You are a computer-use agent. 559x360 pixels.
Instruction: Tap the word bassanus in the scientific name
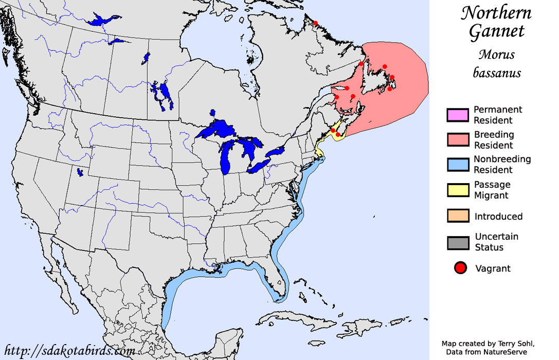pyautogui.click(x=497, y=73)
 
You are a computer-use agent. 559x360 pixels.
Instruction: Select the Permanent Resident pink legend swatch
pyautogui.click(x=457, y=115)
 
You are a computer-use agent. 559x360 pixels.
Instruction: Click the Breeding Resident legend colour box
pyautogui.click(x=457, y=140)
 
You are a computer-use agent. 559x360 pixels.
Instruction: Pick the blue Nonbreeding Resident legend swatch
pyautogui.click(x=457, y=165)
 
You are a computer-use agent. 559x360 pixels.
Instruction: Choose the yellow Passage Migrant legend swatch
pyautogui.click(x=457, y=190)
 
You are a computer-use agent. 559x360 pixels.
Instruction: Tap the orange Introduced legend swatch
pyautogui.click(x=457, y=217)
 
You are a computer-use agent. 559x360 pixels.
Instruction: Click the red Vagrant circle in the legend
pyautogui.click(x=460, y=268)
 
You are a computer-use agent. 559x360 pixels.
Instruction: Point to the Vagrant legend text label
pyautogui.click(x=493, y=268)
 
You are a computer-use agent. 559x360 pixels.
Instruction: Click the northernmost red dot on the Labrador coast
pyautogui.click(x=315, y=23)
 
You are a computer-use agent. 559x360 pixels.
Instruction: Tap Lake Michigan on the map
pyautogui.click(x=225, y=157)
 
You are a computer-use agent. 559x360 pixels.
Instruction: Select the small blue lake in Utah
pyautogui.click(x=79, y=172)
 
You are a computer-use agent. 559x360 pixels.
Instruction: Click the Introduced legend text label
pyautogui.click(x=498, y=217)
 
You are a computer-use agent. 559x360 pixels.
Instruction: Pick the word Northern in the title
pyautogui.click(x=496, y=13)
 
